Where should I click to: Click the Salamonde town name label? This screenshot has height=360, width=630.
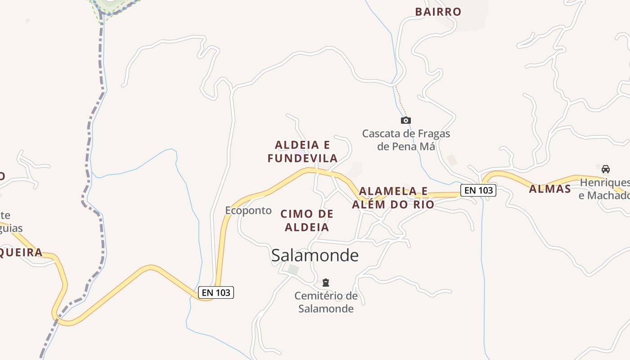[x=315, y=255]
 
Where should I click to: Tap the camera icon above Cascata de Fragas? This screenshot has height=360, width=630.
[x=405, y=120]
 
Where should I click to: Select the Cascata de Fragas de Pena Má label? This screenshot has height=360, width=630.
[x=406, y=140]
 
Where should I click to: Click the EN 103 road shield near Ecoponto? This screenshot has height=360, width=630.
[x=216, y=292]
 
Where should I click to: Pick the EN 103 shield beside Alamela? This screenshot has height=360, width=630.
[x=478, y=190]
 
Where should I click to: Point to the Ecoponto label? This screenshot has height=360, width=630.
[x=248, y=210]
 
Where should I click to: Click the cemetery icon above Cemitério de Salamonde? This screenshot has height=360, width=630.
[x=326, y=283]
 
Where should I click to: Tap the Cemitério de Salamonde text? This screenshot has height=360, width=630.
[x=326, y=302]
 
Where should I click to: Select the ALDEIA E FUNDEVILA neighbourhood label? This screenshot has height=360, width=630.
[x=302, y=152]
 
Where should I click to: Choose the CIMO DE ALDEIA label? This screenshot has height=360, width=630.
[x=307, y=220]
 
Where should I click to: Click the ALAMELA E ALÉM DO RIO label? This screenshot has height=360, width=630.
[x=393, y=198]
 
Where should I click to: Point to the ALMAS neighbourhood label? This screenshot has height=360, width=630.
[x=550, y=189]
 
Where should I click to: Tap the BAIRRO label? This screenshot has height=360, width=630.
[x=438, y=12]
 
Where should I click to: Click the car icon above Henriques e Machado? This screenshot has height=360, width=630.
[x=606, y=169]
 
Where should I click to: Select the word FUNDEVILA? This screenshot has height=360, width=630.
[x=302, y=158]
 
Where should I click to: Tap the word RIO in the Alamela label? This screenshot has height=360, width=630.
[x=423, y=205]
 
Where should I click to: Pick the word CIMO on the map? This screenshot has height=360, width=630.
[x=296, y=214]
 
